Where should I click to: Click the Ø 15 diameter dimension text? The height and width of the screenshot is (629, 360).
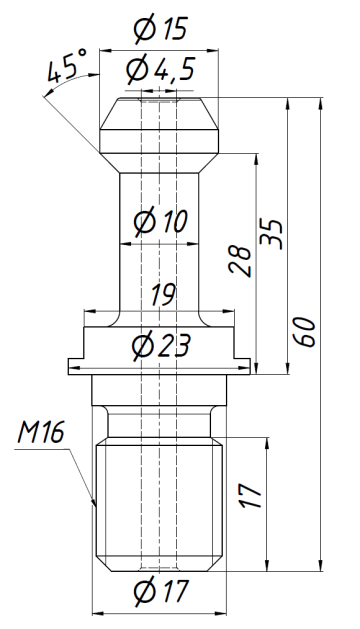click(159, 31)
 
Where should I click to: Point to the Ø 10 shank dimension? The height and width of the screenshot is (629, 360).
click(159, 222)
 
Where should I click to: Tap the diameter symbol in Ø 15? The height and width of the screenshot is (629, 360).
click(142, 31)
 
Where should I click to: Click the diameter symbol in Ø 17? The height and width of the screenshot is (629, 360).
click(142, 592)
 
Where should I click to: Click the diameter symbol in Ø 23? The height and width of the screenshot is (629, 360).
click(141, 346)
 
